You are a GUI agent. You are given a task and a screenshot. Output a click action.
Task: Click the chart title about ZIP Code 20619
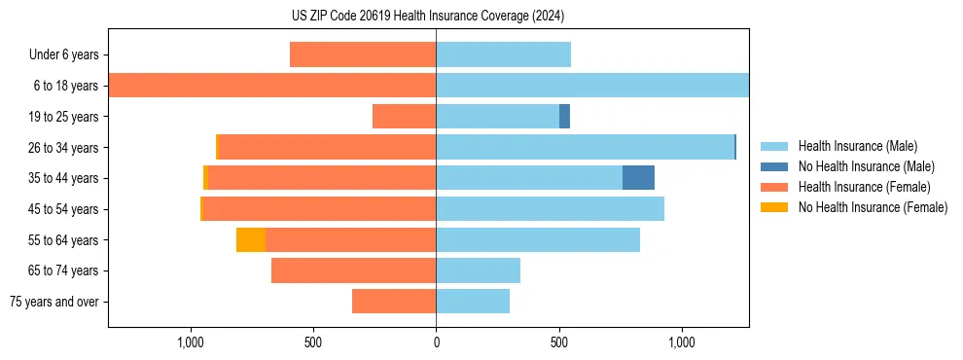(x=428, y=16)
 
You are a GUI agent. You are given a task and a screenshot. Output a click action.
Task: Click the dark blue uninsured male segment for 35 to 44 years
(x=638, y=178)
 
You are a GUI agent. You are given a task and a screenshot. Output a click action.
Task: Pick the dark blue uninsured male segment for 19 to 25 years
(x=564, y=117)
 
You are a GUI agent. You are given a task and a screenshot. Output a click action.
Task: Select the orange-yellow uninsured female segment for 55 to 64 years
(x=251, y=239)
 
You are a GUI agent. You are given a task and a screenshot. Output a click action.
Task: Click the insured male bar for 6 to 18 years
(x=591, y=86)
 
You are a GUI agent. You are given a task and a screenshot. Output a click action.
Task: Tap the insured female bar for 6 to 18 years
(x=272, y=86)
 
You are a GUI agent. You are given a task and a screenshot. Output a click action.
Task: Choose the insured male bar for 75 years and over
(x=473, y=302)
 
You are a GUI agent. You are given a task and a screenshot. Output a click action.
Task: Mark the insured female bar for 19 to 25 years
(x=404, y=117)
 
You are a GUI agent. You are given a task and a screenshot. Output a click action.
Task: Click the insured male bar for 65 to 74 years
(x=478, y=270)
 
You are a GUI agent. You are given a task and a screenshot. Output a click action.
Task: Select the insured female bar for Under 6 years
(x=363, y=54)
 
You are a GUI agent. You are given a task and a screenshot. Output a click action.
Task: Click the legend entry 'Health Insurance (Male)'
(x=857, y=146)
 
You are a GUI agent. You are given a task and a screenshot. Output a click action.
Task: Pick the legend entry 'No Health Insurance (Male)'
(x=866, y=166)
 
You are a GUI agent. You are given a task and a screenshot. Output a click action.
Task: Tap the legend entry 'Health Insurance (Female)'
(x=864, y=187)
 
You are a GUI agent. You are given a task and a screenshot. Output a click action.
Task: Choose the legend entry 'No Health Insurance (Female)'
(x=873, y=207)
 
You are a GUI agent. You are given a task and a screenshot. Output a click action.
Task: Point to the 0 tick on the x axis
(x=436, y=342)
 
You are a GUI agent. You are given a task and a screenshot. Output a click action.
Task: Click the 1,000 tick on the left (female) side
(x=191, y=342)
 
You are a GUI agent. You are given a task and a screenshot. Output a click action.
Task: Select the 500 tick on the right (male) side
(x=558, y=342)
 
